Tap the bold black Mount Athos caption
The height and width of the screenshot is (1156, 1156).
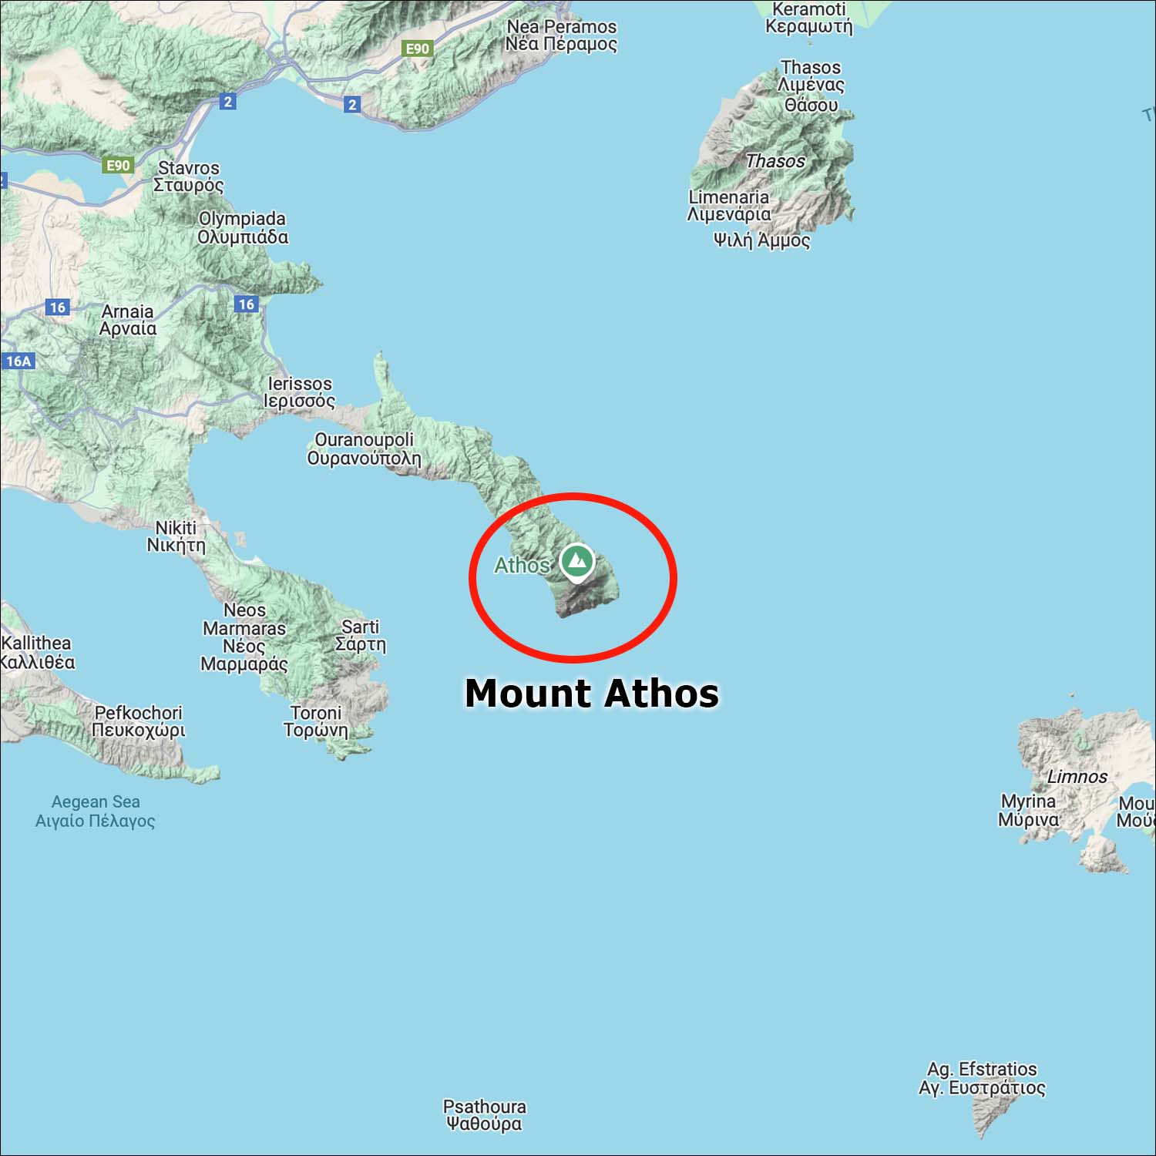[x=591, y=693]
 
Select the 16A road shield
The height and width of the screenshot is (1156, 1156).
[x=18, y=361]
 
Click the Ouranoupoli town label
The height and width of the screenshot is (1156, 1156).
[x=364, y=449]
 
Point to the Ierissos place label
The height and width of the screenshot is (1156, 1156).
[x=300, y=391]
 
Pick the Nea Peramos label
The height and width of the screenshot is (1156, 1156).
[x=561, y=35]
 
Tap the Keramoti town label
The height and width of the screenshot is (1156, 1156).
[x=809, y=18]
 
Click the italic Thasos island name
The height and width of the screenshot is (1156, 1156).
[x=775, y=161]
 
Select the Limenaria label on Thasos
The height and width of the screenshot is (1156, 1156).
[x=728, y=205]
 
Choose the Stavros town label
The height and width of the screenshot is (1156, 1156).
[x=189, y=176]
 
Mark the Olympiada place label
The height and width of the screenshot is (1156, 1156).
[x=242, y=227]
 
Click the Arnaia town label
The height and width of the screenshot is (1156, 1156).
[x=128, y=320]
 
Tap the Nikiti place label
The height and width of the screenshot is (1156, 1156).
[x=176, y=536]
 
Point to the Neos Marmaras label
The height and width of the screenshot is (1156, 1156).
[x=244, y=637]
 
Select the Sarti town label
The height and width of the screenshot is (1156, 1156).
[x=360, y=636]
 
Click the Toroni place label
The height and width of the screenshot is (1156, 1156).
[x=316, y=721]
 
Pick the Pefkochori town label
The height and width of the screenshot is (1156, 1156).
[x=139, y=721]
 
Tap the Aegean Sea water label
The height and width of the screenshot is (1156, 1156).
[x=96, y=811]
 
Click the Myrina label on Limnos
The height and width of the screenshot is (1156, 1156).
[x=1028, y=810]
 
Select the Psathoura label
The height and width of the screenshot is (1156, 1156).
[x=484, y=1115]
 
